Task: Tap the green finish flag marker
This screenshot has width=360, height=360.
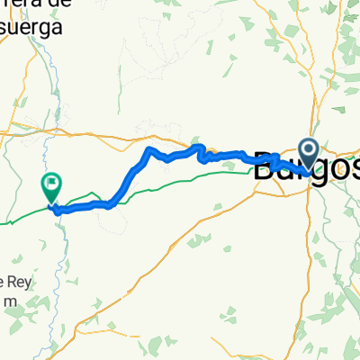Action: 51,185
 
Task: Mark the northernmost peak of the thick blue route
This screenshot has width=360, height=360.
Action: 149,147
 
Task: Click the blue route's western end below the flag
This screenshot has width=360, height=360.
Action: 55,211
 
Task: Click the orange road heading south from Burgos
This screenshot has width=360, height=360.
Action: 309,234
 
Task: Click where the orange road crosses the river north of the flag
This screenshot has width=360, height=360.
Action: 45,137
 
